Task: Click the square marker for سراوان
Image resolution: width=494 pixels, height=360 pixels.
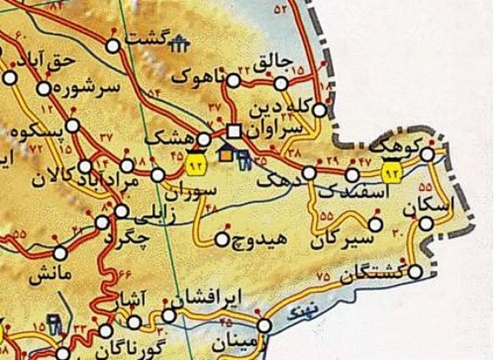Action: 234,131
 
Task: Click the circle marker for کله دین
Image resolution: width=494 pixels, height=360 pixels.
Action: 319,110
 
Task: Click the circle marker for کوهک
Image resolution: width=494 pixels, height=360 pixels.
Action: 428,155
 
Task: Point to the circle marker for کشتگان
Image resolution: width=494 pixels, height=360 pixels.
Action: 416,272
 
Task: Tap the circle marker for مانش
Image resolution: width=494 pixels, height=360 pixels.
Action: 61,253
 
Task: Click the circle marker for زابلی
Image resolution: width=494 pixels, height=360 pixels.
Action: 121,211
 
